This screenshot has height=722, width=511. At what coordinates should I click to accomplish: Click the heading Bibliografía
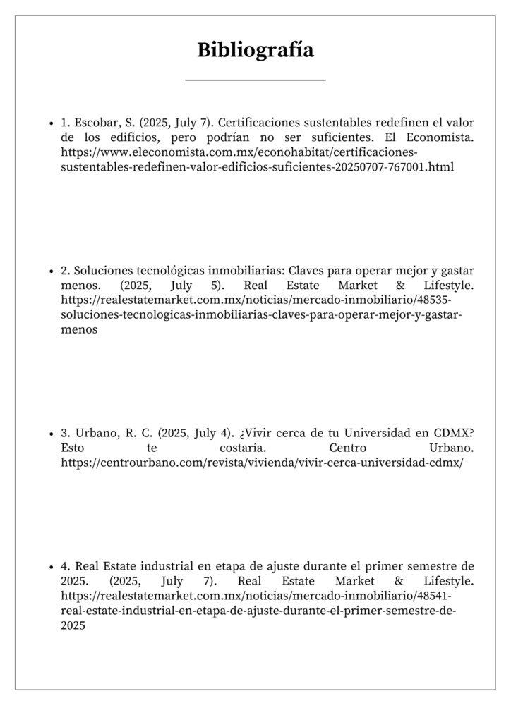tap(255, 50)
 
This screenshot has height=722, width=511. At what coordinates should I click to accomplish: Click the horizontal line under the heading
tap(255, 80)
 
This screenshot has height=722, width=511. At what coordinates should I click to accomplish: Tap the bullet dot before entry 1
tap(52, 122)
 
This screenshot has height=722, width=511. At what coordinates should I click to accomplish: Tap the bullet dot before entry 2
tap(52, 271)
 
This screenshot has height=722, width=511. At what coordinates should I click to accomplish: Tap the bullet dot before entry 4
tap(52, 567)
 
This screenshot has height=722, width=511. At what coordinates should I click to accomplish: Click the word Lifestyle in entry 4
tap(447, 582)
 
